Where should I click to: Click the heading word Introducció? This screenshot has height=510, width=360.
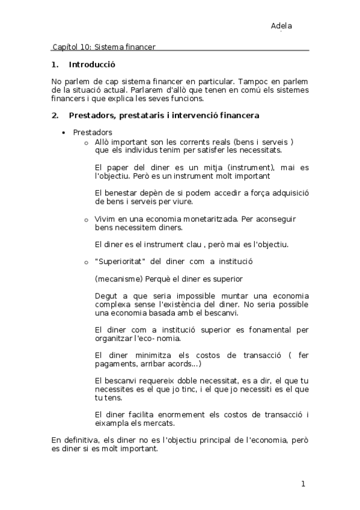pyautogui.click(x=92, y=64)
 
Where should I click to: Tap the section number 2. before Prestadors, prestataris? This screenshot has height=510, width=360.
pyautogui.click(x=55, y=114)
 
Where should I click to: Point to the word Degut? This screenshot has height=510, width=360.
pyautogui.click(x=106, y=296)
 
